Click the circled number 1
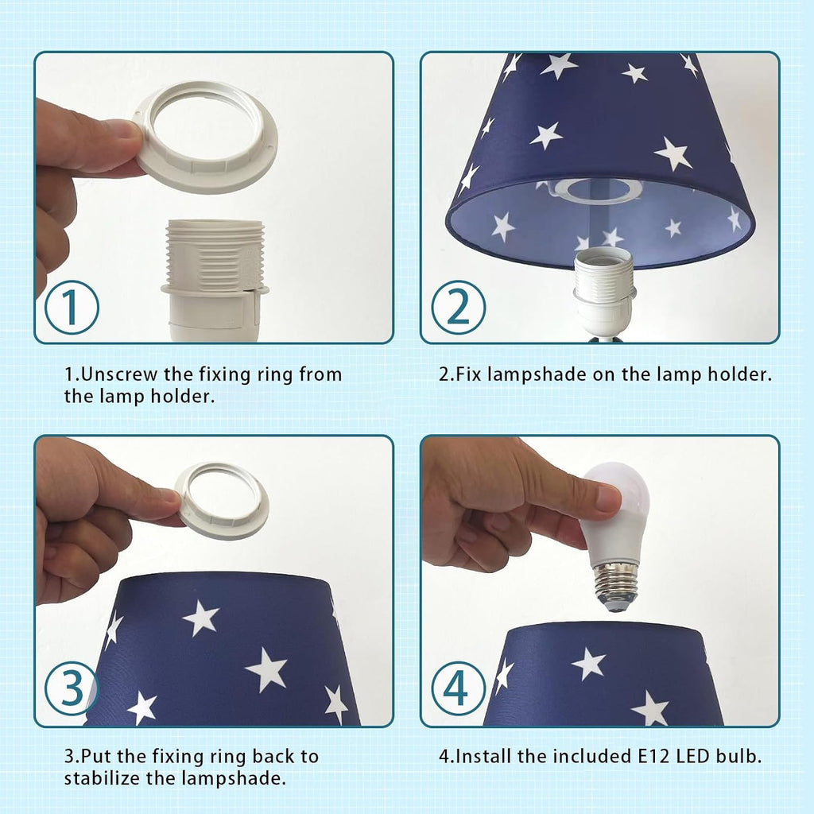point(72,307)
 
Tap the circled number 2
point(459,307)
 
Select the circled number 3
point(72,688)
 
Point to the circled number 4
point(459,688)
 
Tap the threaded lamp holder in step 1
point(215,281)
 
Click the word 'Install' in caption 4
point(483,756)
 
